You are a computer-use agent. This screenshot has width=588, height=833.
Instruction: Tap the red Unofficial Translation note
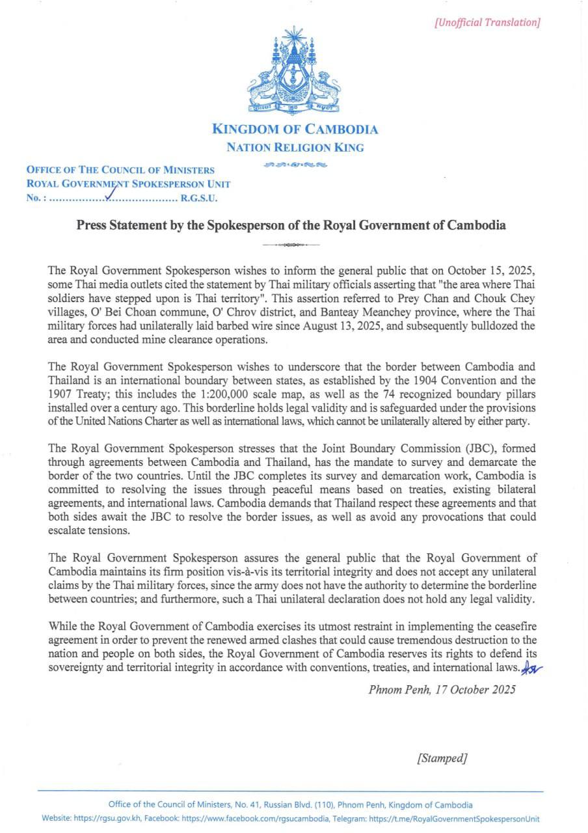[487, 23]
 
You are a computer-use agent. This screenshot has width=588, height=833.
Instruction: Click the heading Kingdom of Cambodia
[295, 129]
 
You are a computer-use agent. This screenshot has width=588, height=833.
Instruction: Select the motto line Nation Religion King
[295, 148]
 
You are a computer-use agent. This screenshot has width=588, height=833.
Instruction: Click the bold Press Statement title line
[291, 226]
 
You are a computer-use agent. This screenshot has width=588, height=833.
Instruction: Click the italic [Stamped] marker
[442, 758]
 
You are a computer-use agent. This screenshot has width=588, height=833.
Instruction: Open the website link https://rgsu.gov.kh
[108, 819]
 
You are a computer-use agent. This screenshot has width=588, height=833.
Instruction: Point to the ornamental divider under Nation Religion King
[295, 165]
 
